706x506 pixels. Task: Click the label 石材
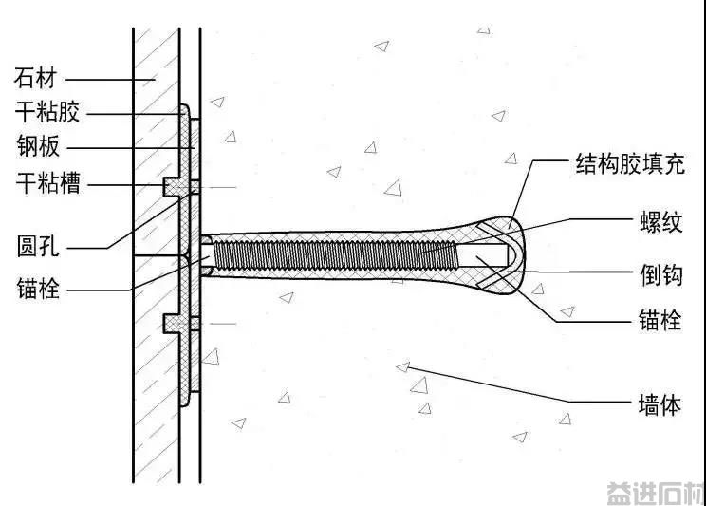pos(35,78)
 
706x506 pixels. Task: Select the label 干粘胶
pos(47,111)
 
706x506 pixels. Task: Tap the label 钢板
pos(38,146)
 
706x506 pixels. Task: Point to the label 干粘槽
pos(48,183)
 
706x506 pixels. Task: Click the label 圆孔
pos(38,247)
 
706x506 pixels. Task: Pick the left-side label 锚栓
pos(38,289)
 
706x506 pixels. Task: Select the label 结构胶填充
pos(630,163)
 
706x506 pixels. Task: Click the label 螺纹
pos(661,222)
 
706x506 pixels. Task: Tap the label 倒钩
pos(661,274)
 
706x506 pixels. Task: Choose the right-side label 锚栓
pos(660,320)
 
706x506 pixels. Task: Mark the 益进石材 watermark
pos(656,494)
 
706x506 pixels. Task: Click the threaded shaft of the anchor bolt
pos(335,255)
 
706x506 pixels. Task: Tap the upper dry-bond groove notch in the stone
pos(172,186)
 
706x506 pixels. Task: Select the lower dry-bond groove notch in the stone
pos(172,324)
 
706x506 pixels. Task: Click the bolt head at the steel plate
pos(206,255)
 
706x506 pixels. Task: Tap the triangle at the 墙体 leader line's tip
pos(403,366)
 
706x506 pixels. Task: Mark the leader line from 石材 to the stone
pos(110,80)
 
